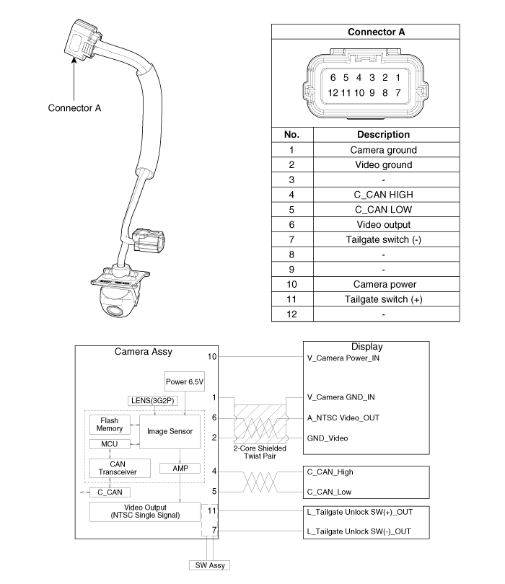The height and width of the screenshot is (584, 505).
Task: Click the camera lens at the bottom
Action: pos(115,311)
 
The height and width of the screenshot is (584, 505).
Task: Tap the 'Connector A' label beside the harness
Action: pos(74,108)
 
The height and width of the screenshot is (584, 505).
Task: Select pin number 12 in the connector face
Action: pos(333,93)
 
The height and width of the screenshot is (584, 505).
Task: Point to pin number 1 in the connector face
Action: pos(398,77)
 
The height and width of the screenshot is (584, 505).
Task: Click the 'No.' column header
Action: pos(292,134)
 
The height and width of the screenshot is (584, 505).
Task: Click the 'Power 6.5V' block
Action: pos(185,381)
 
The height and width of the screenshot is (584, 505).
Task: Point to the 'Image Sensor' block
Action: pos(170,431)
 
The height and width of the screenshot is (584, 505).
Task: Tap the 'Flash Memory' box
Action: pos(110,425)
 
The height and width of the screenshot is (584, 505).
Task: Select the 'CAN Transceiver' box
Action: pos(120,468)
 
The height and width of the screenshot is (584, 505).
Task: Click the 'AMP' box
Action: pos(180,468)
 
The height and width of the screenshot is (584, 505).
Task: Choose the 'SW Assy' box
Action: pos(210,565)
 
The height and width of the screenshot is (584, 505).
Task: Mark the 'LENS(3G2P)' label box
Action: pos(153,401)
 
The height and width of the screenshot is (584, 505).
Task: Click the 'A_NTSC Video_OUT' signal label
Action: pos(343,418)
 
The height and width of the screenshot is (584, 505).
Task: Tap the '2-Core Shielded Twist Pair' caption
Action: pos(260,452)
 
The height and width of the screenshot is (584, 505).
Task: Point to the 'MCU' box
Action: pos(110,444)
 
